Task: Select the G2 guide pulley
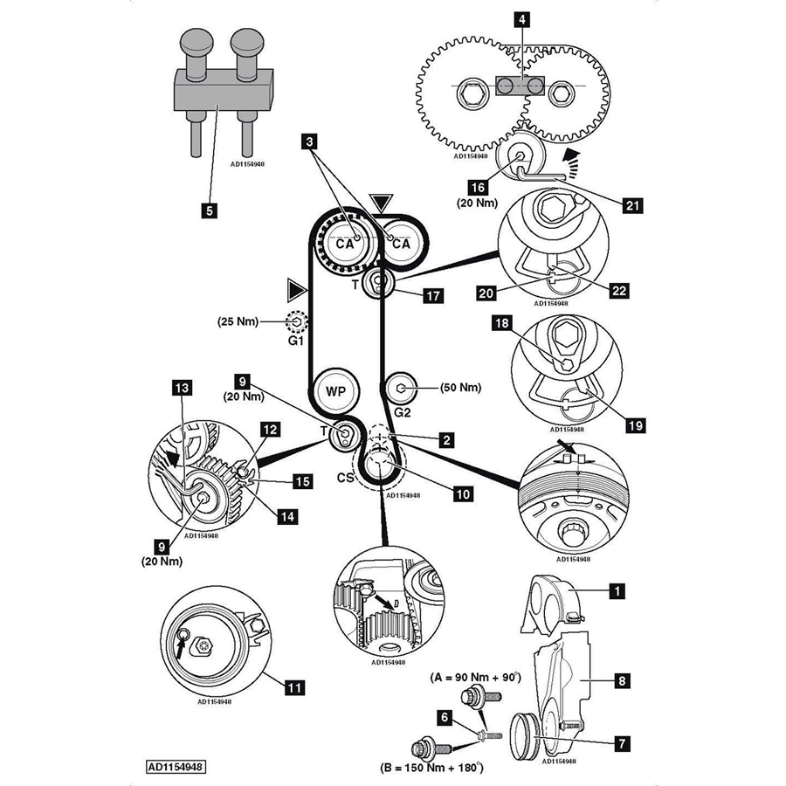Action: (x=400, y=387)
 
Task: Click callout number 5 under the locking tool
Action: (x=207, y=210)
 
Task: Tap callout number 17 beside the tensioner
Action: (x=433, y=296)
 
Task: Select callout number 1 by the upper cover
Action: (x=617, y=592)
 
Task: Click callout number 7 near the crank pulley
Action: (x=622, y=743)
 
